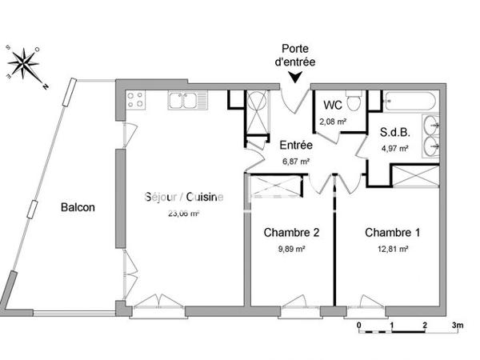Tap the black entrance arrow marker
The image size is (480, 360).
[x=297, y=78]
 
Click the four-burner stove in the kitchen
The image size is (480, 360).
[x=134, y=100]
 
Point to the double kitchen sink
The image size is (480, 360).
[x=183, y=100]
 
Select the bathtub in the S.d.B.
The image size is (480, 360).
[x=410, y=102]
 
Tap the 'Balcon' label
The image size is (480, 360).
[x=78, y=207]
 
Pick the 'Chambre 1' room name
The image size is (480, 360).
[x=392, y=233]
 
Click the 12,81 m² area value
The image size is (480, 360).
[x=392, y=250]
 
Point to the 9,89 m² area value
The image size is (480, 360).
[x=291, y=250]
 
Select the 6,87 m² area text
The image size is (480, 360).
[x=295, y=161]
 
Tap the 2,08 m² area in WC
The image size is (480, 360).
[x=333, y=122]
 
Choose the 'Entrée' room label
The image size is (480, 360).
[x=295, y=146]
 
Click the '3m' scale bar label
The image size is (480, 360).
[x=458, y=326]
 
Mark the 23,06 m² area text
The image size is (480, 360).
[x=183, y=214]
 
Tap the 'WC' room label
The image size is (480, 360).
[x=332, y=106]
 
